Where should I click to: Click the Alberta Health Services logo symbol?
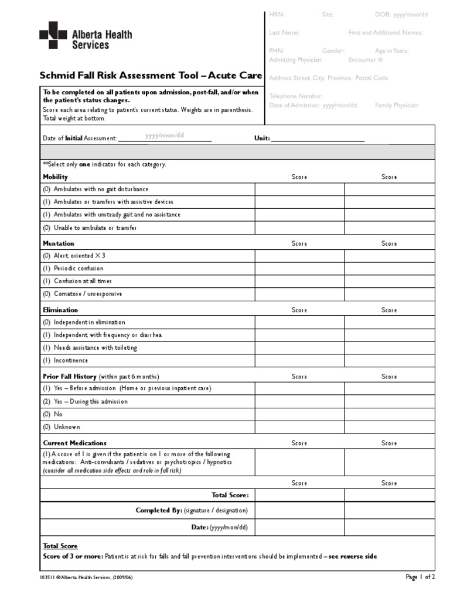(53, 35)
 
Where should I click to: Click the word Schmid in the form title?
(58, 75)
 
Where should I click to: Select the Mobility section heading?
(55, 177)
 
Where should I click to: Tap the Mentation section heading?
(59, 243)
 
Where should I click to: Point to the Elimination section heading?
(60, 310)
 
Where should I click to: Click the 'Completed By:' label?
(159, 510)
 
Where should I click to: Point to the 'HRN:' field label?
(277, 15)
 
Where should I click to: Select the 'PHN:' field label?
(277, 51)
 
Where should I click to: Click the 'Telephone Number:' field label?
(296, 96)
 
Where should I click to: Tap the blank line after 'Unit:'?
(318, 139)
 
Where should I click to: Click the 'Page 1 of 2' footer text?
(421, 577)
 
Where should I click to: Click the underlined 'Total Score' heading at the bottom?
(60, 546)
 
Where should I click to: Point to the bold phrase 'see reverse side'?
(353, 556)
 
